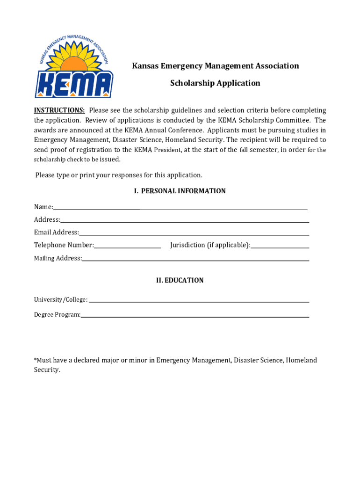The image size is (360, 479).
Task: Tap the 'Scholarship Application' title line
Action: click(215, 83)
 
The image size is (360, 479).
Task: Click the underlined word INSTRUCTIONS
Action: click(59, 110)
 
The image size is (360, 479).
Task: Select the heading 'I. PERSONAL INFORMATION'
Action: click(180, 191)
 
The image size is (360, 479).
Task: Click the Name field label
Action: click(43, 207)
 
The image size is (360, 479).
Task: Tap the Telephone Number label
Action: click(64, 245)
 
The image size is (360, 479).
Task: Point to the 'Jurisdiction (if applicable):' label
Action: click(210, 245)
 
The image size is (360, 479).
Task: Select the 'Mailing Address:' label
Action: click(58, 258)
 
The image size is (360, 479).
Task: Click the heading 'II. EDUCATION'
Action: click(180, 281)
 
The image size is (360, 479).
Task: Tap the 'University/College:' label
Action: click(60, 300)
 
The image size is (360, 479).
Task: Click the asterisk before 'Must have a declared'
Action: click(35, 360)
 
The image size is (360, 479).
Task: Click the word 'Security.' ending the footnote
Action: click(47, 370)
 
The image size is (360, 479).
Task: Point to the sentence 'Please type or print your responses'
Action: click(119, 175)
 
